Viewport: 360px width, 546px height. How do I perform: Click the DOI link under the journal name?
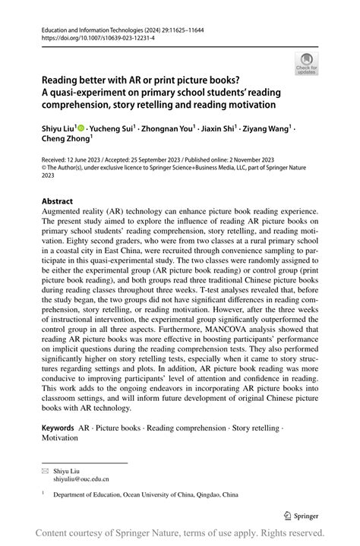pos(89,36)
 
